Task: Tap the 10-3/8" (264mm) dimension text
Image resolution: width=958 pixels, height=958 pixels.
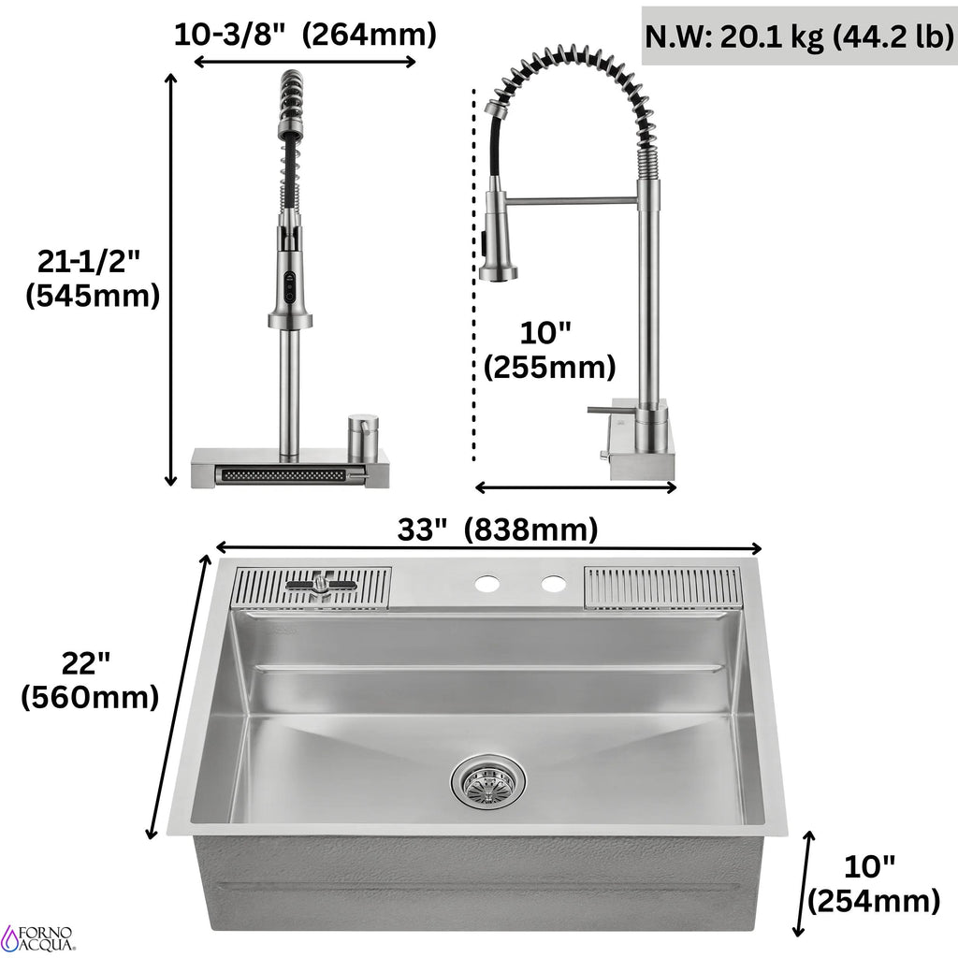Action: coord(305,35)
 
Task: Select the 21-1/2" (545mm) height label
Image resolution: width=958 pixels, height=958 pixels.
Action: coord(93,279)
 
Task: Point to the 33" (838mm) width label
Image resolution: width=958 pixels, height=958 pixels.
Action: coord(498,530)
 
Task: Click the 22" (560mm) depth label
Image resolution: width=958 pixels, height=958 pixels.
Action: coord(90,680)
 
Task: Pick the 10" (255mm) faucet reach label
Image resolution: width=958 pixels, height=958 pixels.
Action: coord(549,350)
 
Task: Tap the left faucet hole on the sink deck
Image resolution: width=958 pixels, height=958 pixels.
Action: coord(487,584)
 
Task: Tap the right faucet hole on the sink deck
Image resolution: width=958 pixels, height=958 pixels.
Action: coord(554,584)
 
